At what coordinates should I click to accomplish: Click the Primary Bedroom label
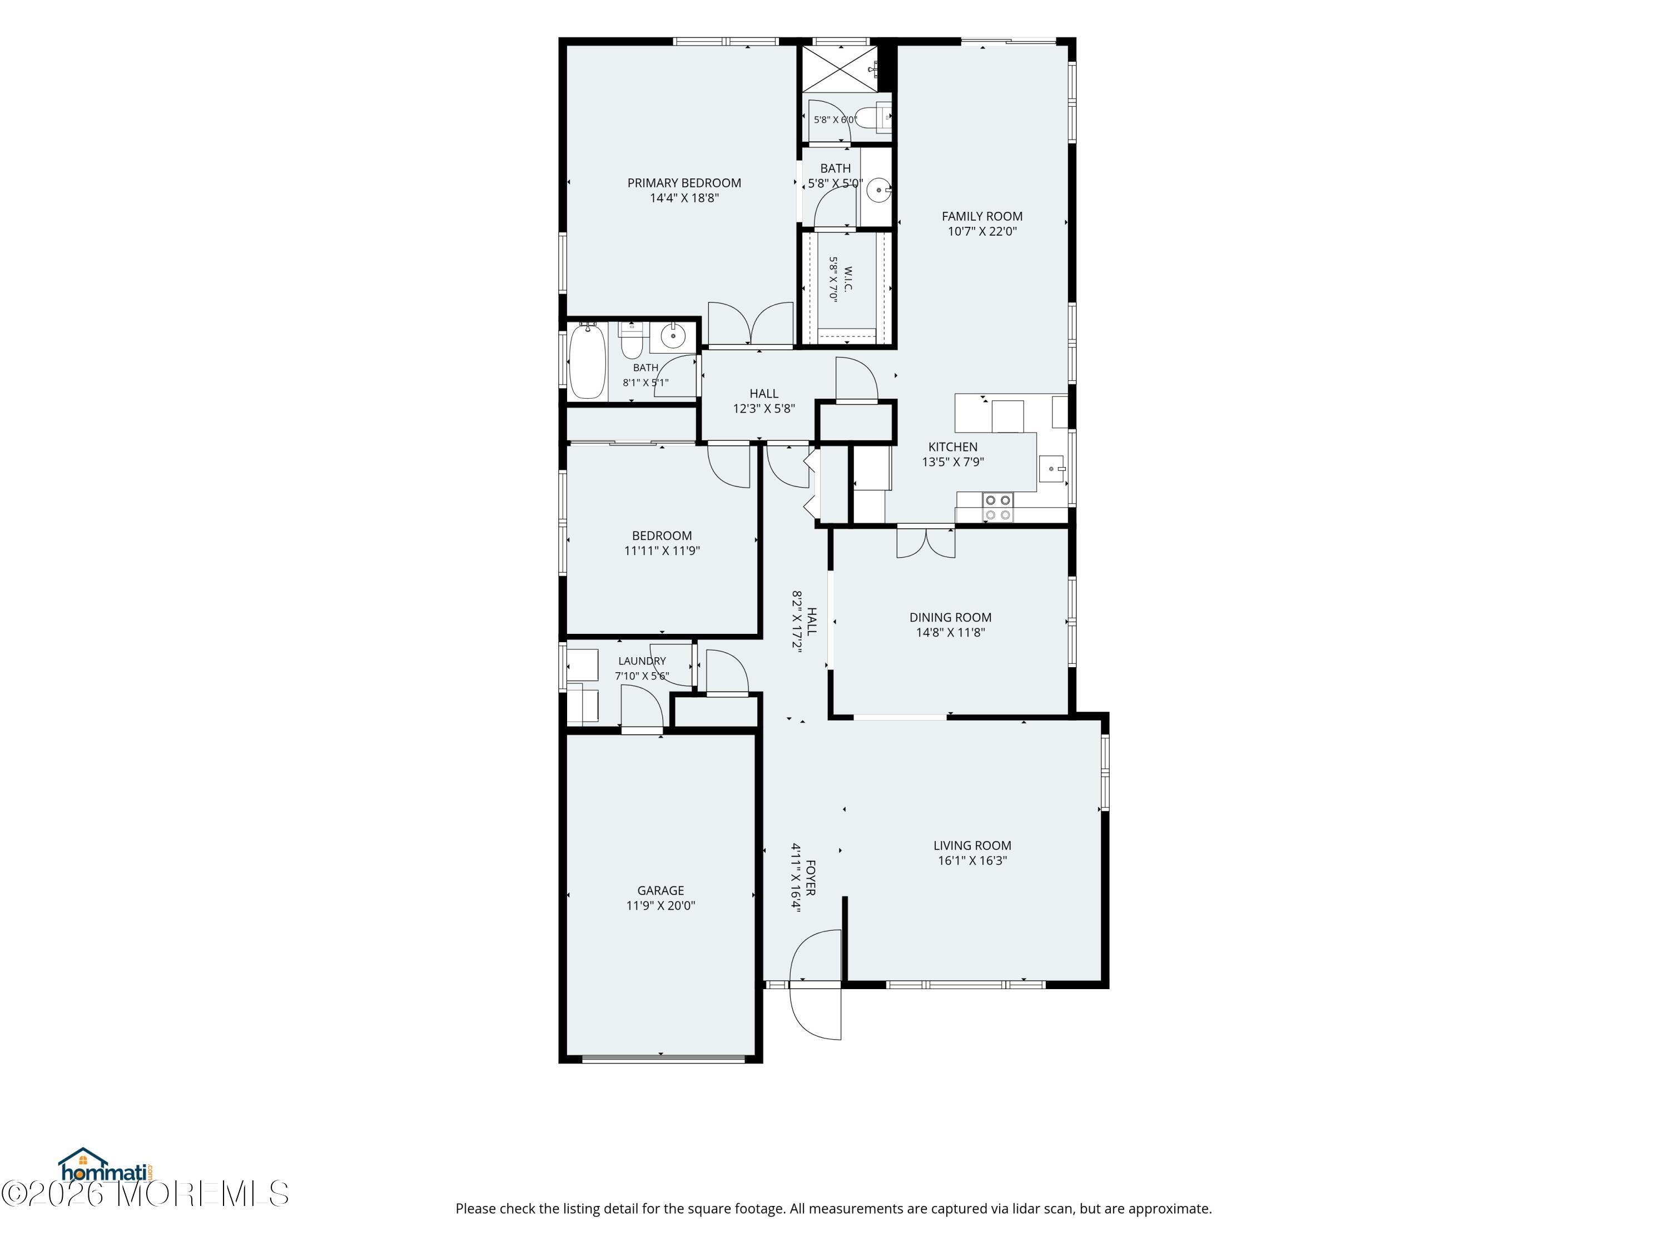(x=684, y=182)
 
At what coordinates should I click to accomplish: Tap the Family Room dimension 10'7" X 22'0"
(x=982, y=231)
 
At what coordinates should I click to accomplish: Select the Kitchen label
(x=952, y=446)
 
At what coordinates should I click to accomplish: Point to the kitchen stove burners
(x=997, y=507)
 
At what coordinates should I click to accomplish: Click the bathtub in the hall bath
(x=588, y=361)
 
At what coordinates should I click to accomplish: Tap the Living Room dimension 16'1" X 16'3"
(x=972, y=860)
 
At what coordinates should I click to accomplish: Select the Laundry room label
(x=642, y=661)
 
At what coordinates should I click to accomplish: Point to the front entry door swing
(x=815, y=985)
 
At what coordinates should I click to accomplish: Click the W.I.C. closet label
(x=847, y=279)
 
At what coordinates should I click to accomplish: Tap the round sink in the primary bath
(x=878, y=190)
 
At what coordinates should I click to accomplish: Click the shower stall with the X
(x=838, y=68)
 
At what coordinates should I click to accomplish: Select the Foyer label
(x=811, y=878)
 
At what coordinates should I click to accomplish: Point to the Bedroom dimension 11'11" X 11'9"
(x=661, y=550)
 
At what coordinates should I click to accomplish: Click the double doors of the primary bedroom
(x=750, y=324)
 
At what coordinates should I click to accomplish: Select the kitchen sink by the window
(x=1051, y=468)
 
